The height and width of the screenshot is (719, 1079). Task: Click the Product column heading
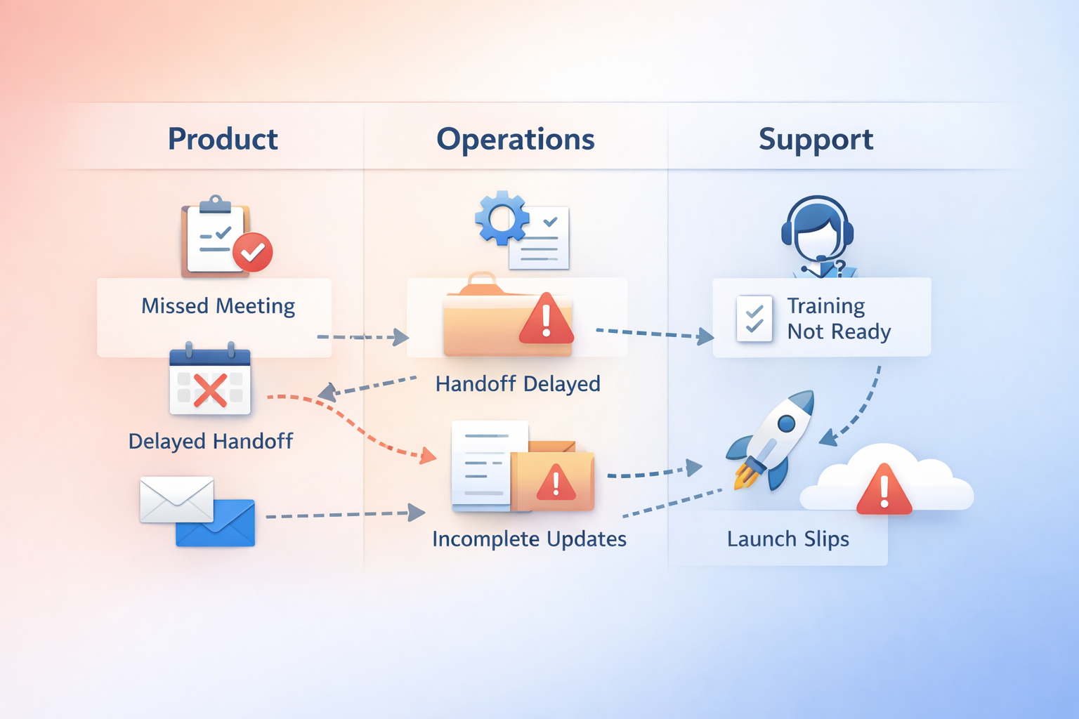(x=223, y=139)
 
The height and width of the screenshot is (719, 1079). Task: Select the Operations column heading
(x=516, y=139)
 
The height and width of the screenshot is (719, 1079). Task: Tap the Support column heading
(x=816, y=139)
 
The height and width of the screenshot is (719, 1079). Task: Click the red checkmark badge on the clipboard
(x=253, y=251)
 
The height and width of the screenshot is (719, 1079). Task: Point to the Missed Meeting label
(x=218, y=306)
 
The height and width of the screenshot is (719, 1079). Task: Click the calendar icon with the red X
(x=210, y=381)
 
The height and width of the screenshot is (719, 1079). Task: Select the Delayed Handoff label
(x=211, y=442)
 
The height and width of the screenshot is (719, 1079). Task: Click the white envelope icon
(x=176, y=499)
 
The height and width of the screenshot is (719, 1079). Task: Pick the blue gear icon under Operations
(x=502, y=218)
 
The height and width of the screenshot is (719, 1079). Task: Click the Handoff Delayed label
(x=518, y=384)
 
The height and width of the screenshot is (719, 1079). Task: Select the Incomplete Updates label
(x=529, y=539)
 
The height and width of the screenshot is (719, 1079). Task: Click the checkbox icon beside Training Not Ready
(x=754, y=319)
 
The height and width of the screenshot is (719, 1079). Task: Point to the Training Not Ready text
(x=839, y=319)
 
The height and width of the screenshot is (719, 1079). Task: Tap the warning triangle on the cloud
(x=884, y=489)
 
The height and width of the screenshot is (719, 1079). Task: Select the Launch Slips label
(x=787, y=539)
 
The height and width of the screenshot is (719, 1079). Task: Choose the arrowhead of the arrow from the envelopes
(x=418, y=513)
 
